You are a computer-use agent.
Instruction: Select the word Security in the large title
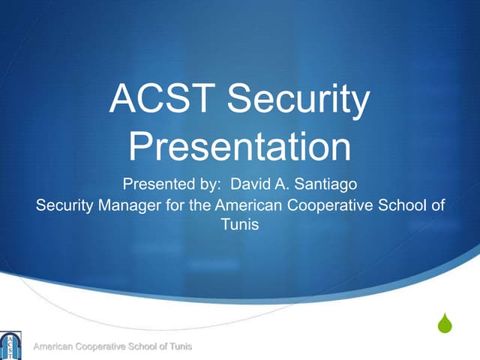point(298,100)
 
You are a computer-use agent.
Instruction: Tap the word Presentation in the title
point(240,146)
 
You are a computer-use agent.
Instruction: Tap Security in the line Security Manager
point(63,205)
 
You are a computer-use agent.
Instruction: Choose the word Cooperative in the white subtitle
point(330,205)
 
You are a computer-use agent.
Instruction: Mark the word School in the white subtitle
point(403,205)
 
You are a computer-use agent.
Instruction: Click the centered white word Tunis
point(240,223)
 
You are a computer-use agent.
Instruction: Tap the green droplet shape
point(445,324)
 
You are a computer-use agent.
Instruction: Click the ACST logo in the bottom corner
point(10,346)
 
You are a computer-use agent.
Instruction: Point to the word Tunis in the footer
point(181,346)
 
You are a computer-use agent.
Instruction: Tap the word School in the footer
point(142,346)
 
